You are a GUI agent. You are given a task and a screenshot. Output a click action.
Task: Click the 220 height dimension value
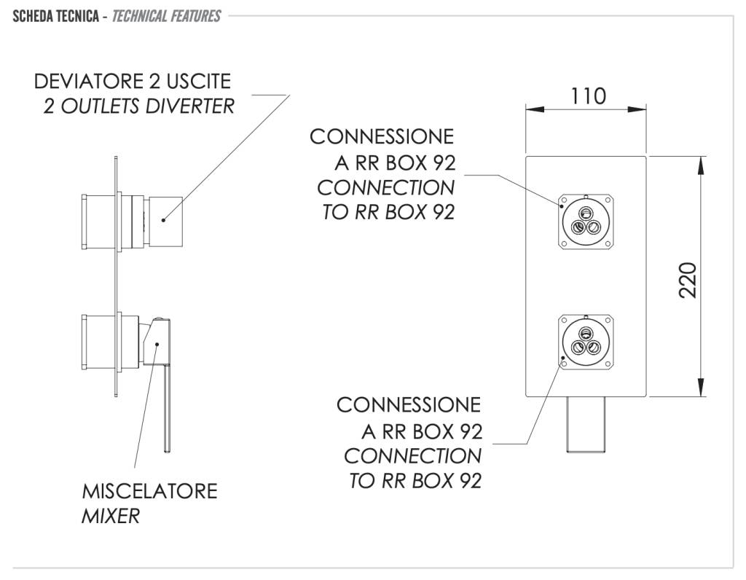688,279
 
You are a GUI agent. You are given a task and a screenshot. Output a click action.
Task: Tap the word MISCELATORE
149,490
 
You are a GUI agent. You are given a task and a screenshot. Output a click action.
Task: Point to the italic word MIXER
110,517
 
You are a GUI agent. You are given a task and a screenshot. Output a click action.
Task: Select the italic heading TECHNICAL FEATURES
167,15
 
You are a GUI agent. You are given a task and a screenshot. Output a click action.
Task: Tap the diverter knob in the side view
166,221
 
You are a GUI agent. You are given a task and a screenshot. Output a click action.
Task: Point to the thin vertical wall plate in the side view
115,277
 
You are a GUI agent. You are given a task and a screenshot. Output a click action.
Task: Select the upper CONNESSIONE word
381,137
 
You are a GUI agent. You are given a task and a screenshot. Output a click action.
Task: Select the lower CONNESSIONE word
408,404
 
